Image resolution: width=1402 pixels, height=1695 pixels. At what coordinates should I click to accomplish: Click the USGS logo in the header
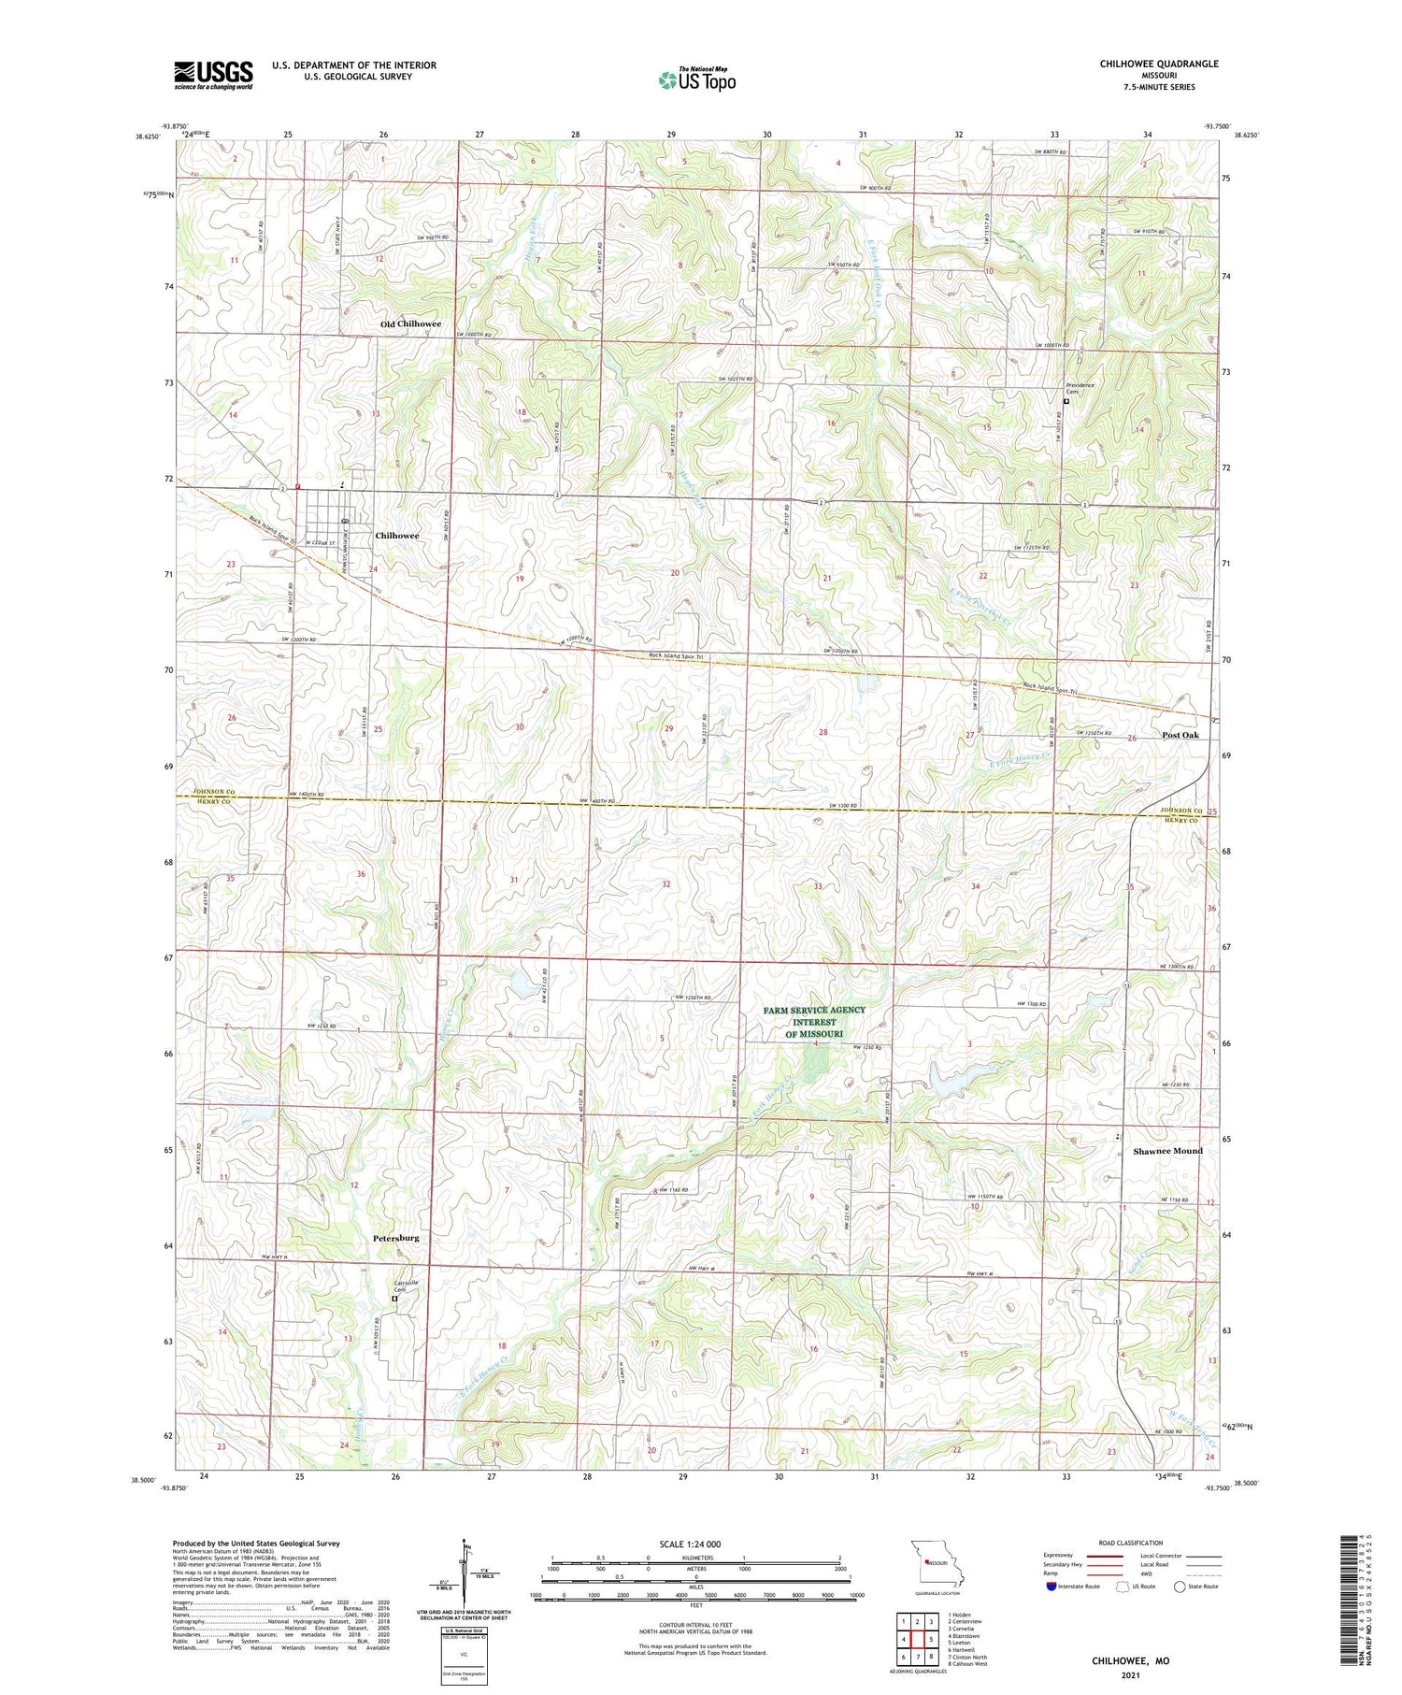(x=213, y=75)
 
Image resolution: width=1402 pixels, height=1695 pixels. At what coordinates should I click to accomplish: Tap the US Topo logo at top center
(x=696, y=79)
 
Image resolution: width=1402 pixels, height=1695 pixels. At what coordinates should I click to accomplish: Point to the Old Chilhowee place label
(x=410, y=323)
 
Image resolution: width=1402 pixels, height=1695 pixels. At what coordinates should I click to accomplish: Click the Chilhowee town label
(x=397, y=536)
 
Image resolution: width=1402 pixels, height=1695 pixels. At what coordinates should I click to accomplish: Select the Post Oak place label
(x=1180, y=735)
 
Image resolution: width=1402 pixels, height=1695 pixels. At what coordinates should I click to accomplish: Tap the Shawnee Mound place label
(x=1167, y=1151)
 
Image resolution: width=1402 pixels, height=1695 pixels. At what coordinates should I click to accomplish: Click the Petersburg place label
(x=395, y=1238)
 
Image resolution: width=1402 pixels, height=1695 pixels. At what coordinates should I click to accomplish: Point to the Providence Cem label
(x=1080, y=388)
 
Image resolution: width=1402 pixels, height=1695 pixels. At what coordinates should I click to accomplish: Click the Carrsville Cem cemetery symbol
(x=394, y=1298)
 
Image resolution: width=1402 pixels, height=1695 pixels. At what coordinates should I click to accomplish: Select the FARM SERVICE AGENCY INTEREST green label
(x=814, y=1021)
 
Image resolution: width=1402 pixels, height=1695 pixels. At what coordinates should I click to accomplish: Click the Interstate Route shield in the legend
(x=1051, y=1587)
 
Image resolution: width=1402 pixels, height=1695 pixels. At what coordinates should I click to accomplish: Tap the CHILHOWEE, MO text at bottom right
(x=1130, y=1661)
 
